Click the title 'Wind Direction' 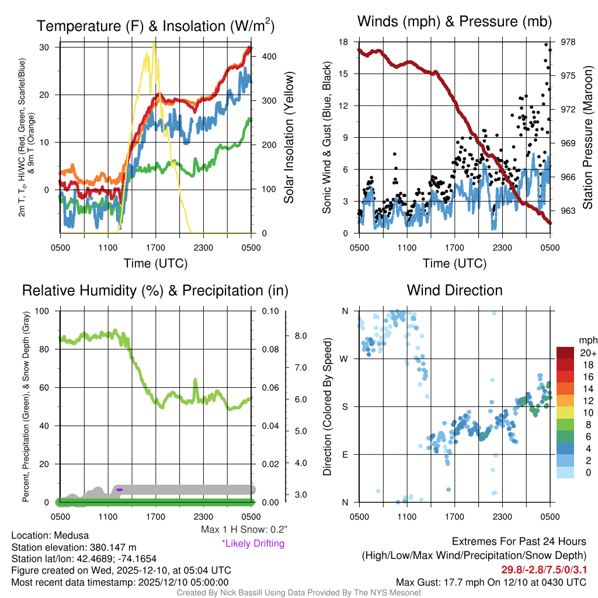454,290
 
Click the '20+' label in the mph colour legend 587,353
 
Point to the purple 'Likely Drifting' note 253,544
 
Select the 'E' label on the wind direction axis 345,454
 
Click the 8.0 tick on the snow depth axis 301,336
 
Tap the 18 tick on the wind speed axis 344,42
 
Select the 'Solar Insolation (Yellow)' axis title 289,138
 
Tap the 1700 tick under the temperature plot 156,247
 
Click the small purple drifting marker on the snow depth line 119,489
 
